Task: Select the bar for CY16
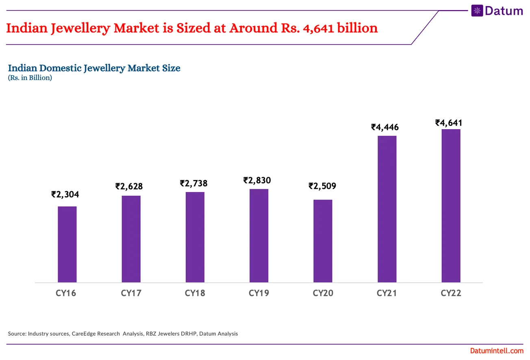pos(67,244)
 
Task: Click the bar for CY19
pos(259,236)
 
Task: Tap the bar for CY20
pos(323,241)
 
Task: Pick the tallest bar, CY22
pos(451,206)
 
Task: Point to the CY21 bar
pos(387,209)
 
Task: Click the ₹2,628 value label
pos(129,187)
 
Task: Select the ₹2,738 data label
pos(193,183)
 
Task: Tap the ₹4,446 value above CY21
pos(385,127)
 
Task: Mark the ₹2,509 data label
pos(322,187)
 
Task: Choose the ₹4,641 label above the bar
pos(449,123)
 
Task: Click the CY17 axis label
pos(131,293)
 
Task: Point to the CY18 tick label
pos(195,293)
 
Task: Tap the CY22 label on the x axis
pos(451,293)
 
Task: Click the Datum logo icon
pos(477,11)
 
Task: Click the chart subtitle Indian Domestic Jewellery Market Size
pos(94,68)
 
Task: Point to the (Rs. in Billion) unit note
pos(30,78)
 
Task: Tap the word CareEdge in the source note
pos(84,334)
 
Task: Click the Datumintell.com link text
pos(496,351)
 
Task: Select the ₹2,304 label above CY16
pos(65,195)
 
